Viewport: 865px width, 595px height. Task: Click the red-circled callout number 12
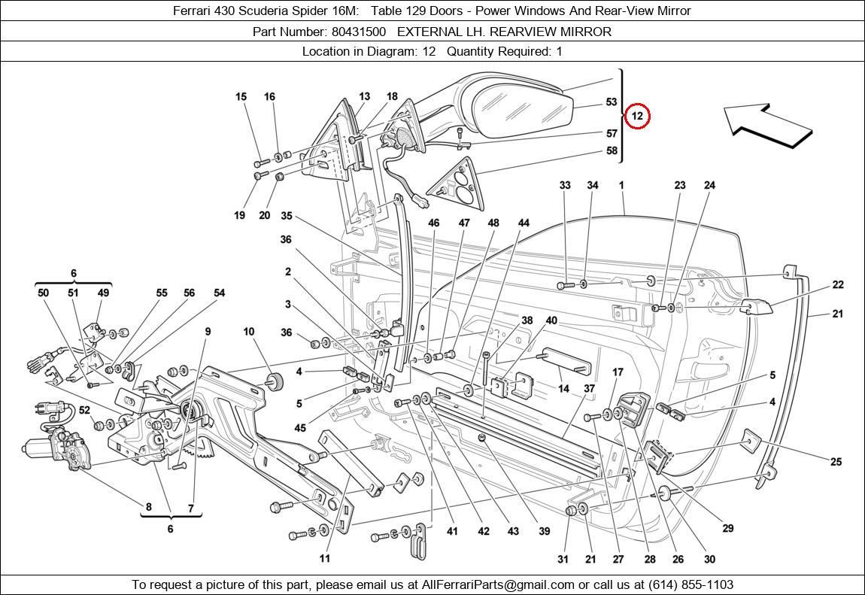637,116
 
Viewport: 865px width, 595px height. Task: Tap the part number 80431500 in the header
358,32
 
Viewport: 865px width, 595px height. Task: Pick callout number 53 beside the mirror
611,102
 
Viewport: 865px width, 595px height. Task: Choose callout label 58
611,150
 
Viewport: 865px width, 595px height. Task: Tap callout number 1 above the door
622,185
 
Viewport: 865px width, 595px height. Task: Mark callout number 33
565,185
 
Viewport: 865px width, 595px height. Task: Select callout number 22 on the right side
837,284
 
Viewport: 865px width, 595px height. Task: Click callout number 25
836,462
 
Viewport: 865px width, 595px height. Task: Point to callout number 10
249,332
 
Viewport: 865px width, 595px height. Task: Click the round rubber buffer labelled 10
275,381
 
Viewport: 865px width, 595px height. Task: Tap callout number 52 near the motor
84,410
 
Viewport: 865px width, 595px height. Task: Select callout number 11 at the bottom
324,558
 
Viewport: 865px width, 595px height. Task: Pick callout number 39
544,531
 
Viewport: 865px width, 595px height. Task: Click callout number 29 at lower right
727,529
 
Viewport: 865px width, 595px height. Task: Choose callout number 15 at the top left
241,96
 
